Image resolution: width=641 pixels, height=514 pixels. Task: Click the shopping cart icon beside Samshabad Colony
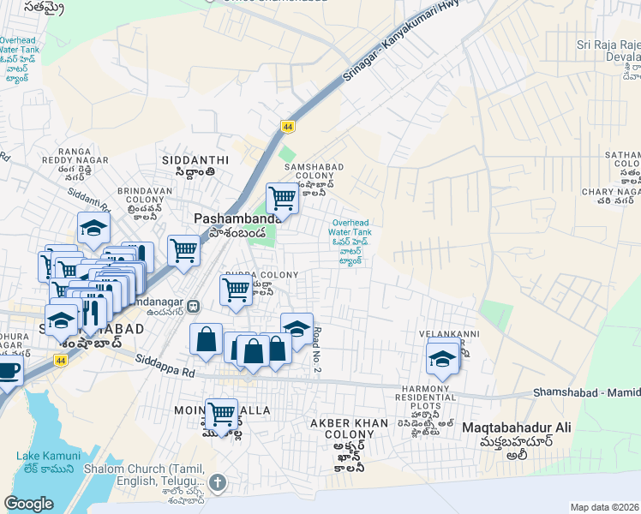pos(282,200)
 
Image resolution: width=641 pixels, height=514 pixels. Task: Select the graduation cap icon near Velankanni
pos(442,358)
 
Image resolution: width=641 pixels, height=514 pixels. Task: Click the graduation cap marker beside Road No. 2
pos(297,329)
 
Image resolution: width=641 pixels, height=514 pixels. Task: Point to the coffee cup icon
pos(7,372)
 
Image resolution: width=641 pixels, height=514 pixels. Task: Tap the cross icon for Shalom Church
pos(219,482)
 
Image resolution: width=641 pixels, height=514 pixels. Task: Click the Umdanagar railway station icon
pos(195,304)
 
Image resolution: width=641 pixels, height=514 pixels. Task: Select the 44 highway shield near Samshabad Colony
pos(287,127)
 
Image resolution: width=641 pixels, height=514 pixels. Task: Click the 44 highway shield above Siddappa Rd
pos(61,361)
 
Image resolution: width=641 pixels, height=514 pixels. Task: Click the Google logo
pos(29,504)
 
